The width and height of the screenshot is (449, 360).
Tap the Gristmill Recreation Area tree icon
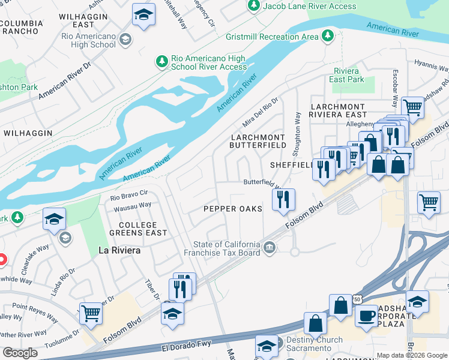point(328,37)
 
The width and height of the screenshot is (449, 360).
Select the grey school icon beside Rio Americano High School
point(125,40)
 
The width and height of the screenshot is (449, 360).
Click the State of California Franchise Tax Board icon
point(270,247)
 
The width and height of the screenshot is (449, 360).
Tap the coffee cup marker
point(366,315)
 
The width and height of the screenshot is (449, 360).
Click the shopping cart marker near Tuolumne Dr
point(91,313)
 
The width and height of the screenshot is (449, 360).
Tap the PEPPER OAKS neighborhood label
point(233,208)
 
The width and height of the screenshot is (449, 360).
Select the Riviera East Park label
point(349,75)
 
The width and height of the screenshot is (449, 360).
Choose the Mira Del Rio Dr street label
point(261,112)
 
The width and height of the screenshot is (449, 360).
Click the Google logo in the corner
point(20,353)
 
